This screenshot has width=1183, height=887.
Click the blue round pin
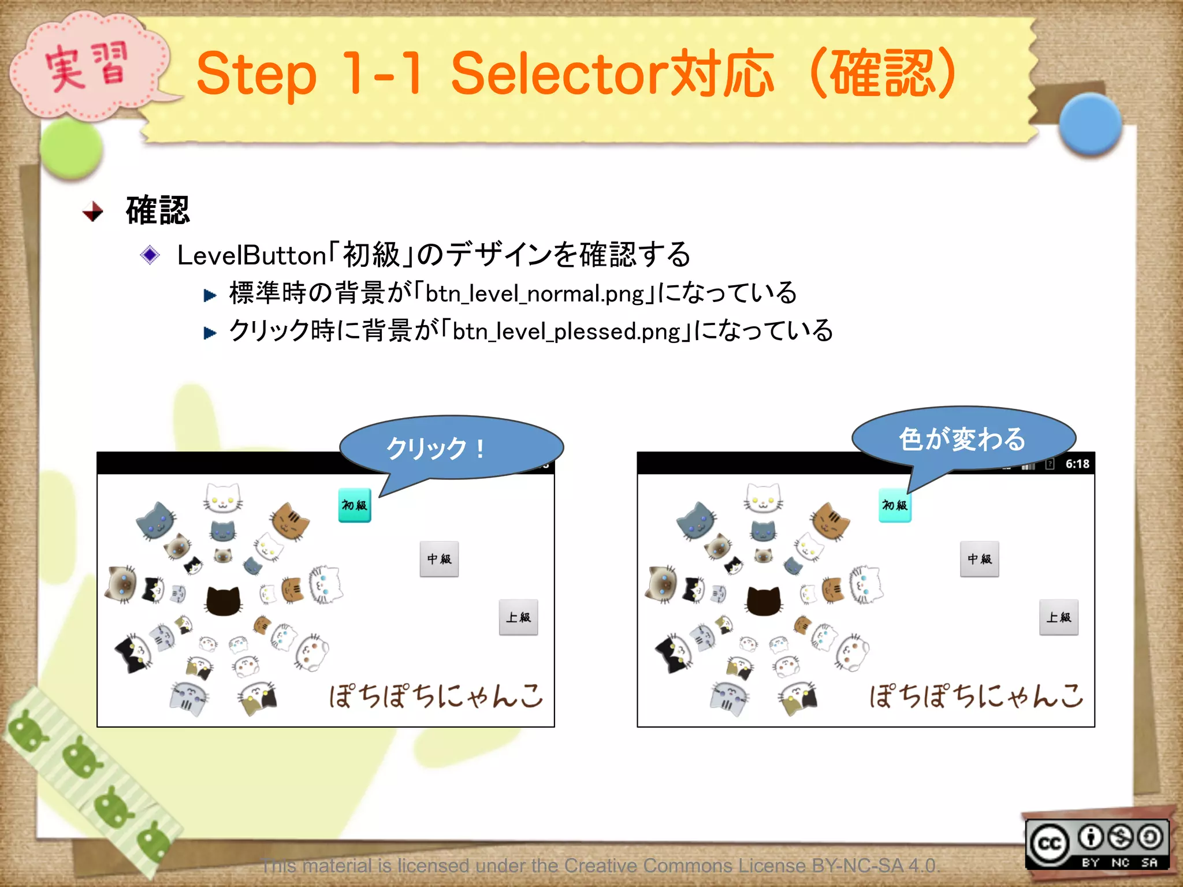[x=1090, y=124]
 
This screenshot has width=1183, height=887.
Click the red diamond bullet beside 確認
[x=92, y=211]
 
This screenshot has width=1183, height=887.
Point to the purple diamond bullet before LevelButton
[x=150, y=255]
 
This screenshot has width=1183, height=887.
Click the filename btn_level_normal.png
[x=534, y=294]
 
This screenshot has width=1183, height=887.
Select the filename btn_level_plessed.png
[x=567, y=331]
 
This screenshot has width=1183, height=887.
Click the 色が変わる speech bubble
[x=962, y=438]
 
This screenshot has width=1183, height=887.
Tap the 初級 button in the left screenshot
[x=354, y=505]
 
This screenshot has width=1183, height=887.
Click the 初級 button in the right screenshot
[x=894, y=505]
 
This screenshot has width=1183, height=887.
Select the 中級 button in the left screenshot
[x=439, y=559]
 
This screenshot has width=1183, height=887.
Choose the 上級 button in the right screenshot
[x=1058, y=617]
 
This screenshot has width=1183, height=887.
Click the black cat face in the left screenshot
[x=223, y=601]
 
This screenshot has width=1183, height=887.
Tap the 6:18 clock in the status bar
[x=1077, y=464]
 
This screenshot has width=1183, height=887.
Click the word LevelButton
[x=252, y=256]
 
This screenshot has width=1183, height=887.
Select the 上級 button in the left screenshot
[x=518, y=617]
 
